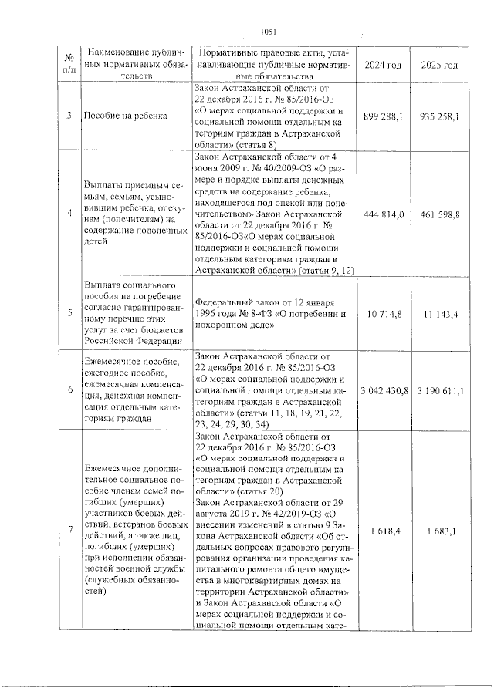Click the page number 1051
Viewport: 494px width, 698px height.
pos(269,32)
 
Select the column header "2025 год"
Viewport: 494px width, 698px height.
pos(440,66)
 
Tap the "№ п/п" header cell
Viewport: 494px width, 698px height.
pos(69,65)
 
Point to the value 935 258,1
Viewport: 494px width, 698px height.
pos(440,116)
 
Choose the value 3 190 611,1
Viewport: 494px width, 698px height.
pos(441,392)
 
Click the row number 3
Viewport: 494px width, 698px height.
pos(69,116)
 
